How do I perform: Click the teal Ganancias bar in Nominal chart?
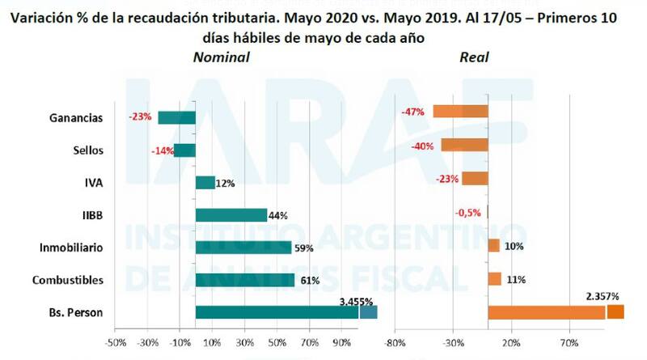tap(176, 118)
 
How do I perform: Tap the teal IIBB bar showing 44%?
tap(231, 215)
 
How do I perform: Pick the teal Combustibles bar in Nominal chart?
tap(245, 280)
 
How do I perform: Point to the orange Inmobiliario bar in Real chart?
tap(493, 246)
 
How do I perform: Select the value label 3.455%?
tap(356, 301)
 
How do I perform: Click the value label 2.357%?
tap(604, 296)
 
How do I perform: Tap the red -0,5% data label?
tap(469, 213)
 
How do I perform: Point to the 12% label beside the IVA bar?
tap(226, 184)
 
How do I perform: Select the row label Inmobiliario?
tap(70, 248)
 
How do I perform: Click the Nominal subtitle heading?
tap(221, 57)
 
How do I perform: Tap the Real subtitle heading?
tap(474, 57)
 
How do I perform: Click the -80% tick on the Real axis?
tap(395, 343)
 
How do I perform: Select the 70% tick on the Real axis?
tap(569, 343)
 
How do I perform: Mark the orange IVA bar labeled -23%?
tap(474, 179)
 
